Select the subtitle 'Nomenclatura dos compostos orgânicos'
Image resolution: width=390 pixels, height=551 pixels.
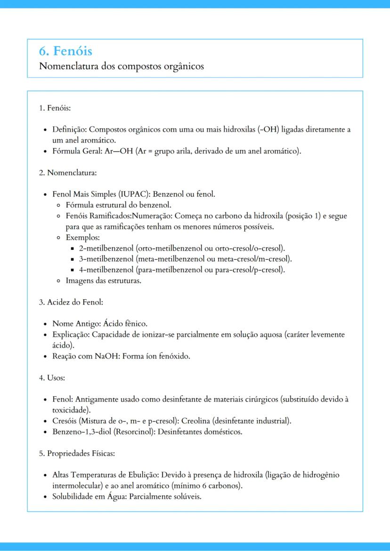click(122, 66)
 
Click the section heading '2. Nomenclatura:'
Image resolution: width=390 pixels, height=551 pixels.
click(67, 173)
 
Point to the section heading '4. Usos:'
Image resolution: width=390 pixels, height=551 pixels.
click(53, 378)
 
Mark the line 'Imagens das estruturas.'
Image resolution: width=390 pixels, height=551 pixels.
click(104, 281)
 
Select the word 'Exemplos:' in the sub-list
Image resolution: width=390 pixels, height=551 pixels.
click(80, 238)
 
